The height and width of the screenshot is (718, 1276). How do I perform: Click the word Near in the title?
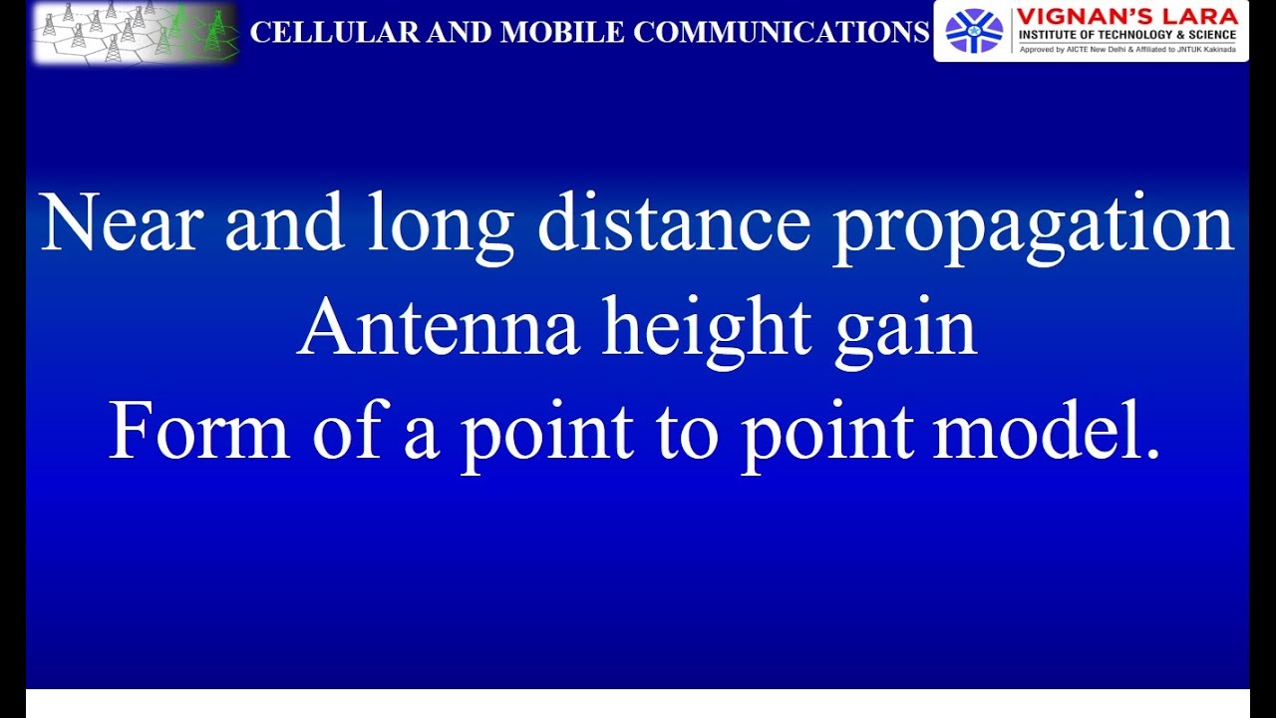(122, 223)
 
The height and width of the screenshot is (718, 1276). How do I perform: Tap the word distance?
(674, 223)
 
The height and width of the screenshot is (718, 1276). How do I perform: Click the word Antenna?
(439, 329)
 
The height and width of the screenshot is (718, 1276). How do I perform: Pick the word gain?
(906, 331)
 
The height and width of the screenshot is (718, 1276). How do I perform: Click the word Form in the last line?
(198, 432)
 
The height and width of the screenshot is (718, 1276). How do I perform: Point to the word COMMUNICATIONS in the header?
(781, 33)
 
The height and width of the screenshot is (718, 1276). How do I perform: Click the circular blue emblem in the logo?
(974, 31)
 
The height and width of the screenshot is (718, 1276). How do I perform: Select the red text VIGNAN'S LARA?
(1127, 16)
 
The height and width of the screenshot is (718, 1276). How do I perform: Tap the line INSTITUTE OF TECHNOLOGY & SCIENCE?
(1127, 35)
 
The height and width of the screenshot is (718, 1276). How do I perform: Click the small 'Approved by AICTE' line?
(1127, 49)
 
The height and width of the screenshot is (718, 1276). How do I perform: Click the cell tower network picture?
(136, 33)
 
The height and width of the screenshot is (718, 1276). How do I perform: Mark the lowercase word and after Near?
(284, 223)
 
